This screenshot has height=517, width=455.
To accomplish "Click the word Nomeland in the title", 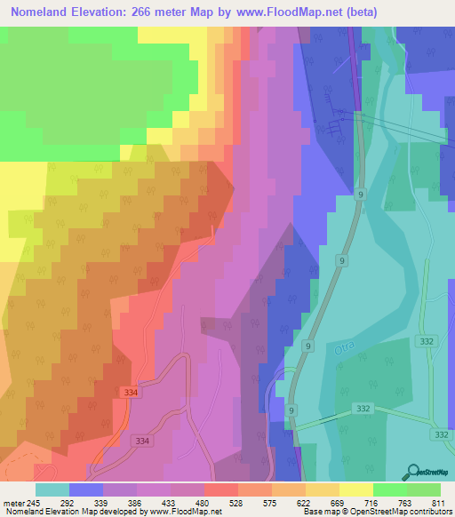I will [x=44, y=12].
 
